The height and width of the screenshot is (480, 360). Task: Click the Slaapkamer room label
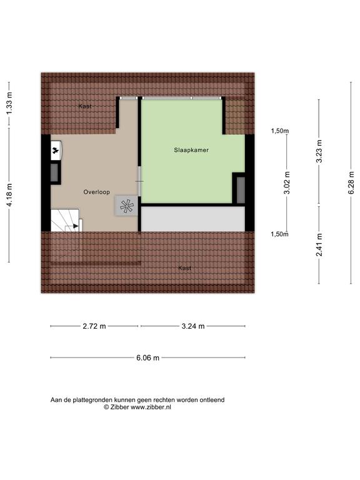point(191,150)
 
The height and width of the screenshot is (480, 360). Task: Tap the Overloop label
point(97,192)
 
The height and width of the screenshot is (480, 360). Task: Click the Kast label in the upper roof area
point(85,106)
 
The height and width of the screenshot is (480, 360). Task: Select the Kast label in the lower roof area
point(185,268)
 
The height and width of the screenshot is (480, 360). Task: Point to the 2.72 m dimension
point(94,326)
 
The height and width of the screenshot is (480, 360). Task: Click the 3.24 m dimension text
point(193,326)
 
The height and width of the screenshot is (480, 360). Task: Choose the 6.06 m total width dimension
point(148,357)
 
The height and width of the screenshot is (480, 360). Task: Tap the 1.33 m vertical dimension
point(10,104)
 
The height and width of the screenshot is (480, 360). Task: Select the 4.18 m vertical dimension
point(10,195)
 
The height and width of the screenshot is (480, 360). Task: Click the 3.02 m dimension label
point(287,182)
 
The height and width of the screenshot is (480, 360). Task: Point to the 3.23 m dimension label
point(319,151)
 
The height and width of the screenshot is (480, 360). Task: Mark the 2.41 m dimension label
point(319,245)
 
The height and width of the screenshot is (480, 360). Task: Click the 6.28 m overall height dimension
point(351,182)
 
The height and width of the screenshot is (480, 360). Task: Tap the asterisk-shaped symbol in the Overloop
point(127,206)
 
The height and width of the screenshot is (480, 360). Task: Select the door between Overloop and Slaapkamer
point(139,181)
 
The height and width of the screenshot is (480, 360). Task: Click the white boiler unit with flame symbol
point(56,150)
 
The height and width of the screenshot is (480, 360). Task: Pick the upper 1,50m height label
point(280,131)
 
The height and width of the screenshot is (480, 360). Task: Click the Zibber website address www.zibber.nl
point(151,407)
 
